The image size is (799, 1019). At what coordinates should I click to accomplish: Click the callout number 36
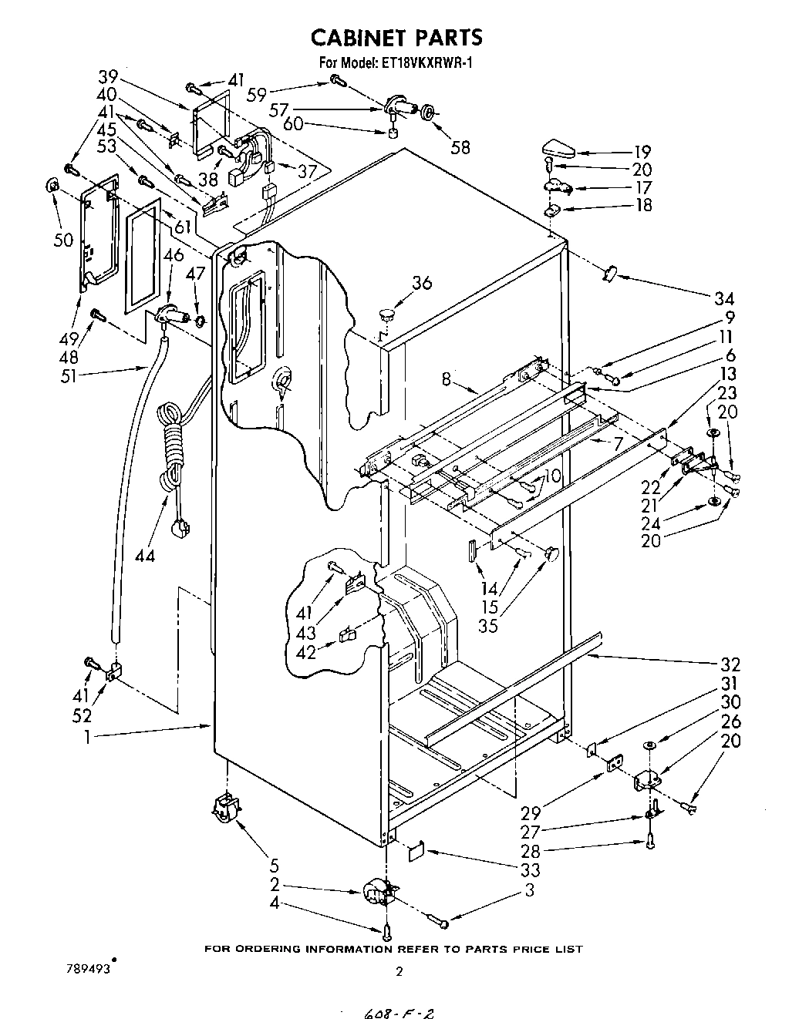pyautogui.click(x=421, y=284)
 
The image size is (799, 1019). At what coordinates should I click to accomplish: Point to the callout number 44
pyautogui.click(x=144, y=555)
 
